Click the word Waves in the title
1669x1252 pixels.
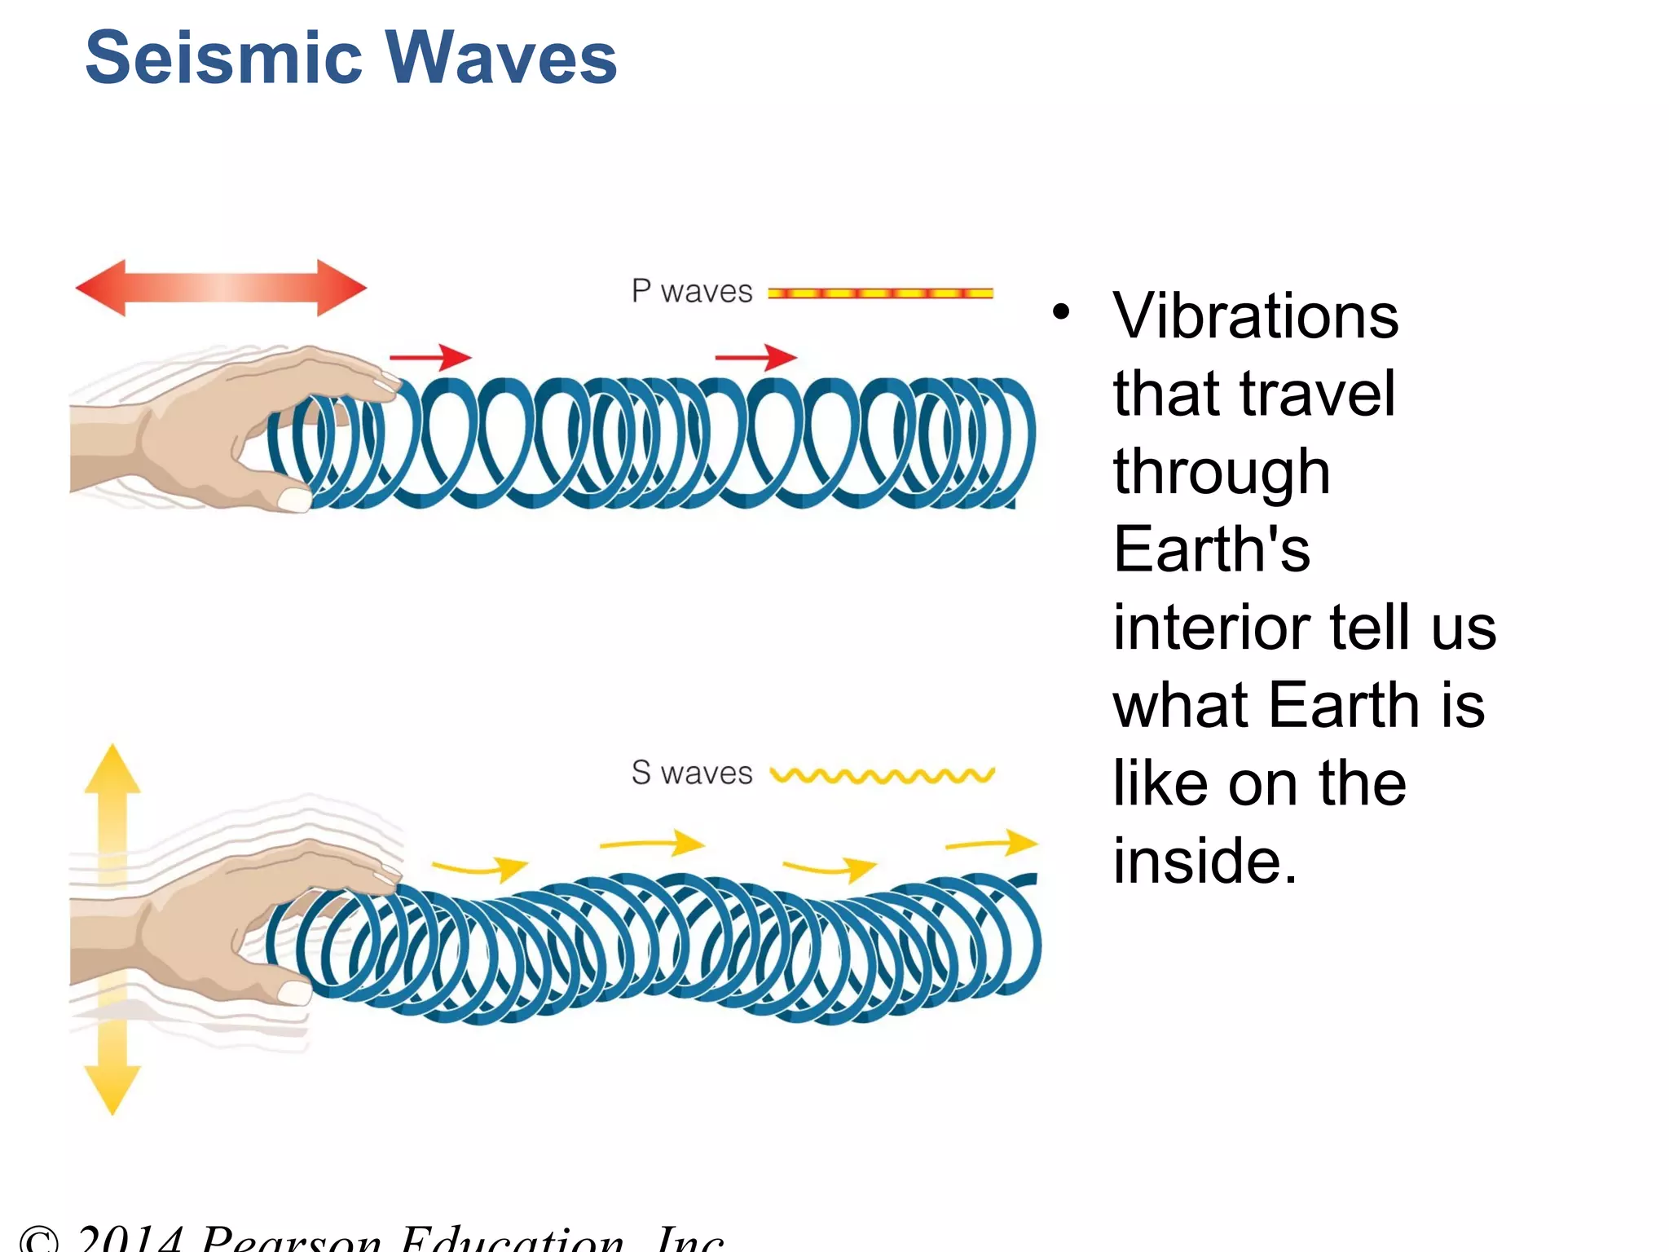(500, 59)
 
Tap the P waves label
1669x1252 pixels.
(691, 292)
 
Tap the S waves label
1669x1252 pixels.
(691, 773)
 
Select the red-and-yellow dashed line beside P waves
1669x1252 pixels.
(880, 293)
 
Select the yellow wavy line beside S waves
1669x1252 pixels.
(882, 775)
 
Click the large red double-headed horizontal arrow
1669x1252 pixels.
(221, 288)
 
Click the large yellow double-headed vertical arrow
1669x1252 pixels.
(112, 929)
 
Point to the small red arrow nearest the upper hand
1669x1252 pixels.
(430, 357)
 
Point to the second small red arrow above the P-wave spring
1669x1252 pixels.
(755, 357)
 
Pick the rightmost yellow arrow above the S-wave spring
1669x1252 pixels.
(992, 843)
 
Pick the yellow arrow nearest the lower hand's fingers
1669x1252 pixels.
(481, 868)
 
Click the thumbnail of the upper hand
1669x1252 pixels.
(294, 498)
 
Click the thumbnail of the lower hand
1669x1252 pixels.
(294, 991)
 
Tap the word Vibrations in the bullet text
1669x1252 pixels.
(1255, 316)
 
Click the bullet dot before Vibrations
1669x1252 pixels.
(1059, 311)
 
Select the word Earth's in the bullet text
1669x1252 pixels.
(1212, 549)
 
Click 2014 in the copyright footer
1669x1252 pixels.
(130, 1239)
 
